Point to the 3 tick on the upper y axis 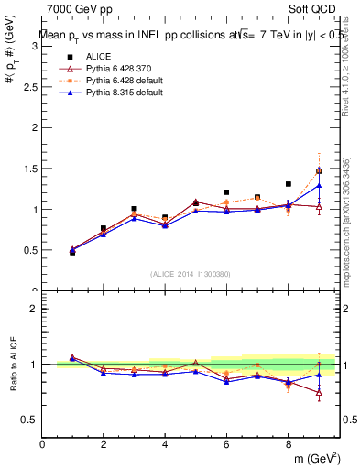35,46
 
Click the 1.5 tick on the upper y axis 31,169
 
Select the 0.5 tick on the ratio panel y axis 31,420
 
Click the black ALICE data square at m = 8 288,184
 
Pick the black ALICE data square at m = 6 226,192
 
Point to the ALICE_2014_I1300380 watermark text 190,274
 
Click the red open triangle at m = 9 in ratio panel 319,394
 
